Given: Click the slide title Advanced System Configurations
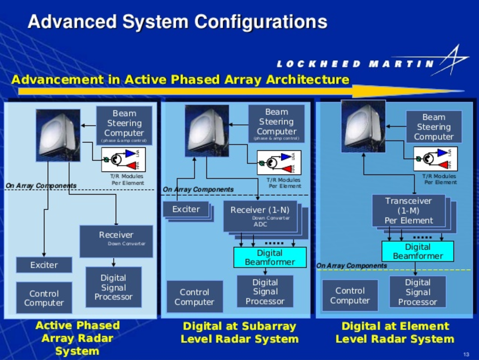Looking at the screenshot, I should coord(177,22).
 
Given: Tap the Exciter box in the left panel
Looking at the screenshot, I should coord(44,265).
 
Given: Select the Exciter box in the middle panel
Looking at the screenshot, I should coord(186,209).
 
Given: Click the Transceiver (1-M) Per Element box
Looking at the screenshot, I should coord(408,211).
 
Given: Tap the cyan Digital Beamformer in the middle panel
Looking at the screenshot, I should coord(270,257).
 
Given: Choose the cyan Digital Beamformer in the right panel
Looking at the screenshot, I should coord(418,251).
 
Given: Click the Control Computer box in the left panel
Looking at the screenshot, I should coord(44,298).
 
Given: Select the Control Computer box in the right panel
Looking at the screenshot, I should coord(350,296).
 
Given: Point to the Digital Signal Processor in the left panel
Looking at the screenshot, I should coord(113,287).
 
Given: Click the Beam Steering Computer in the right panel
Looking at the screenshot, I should coord(434,127).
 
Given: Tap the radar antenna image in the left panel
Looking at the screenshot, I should coord(58,135).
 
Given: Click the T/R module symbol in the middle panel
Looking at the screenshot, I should coord(279,162).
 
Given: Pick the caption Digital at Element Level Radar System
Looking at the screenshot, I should coord(395,332).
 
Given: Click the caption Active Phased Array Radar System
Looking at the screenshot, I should coord(77,338).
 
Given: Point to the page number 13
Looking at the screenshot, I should coord(466,354).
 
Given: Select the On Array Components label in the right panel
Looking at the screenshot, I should coord(351,266).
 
